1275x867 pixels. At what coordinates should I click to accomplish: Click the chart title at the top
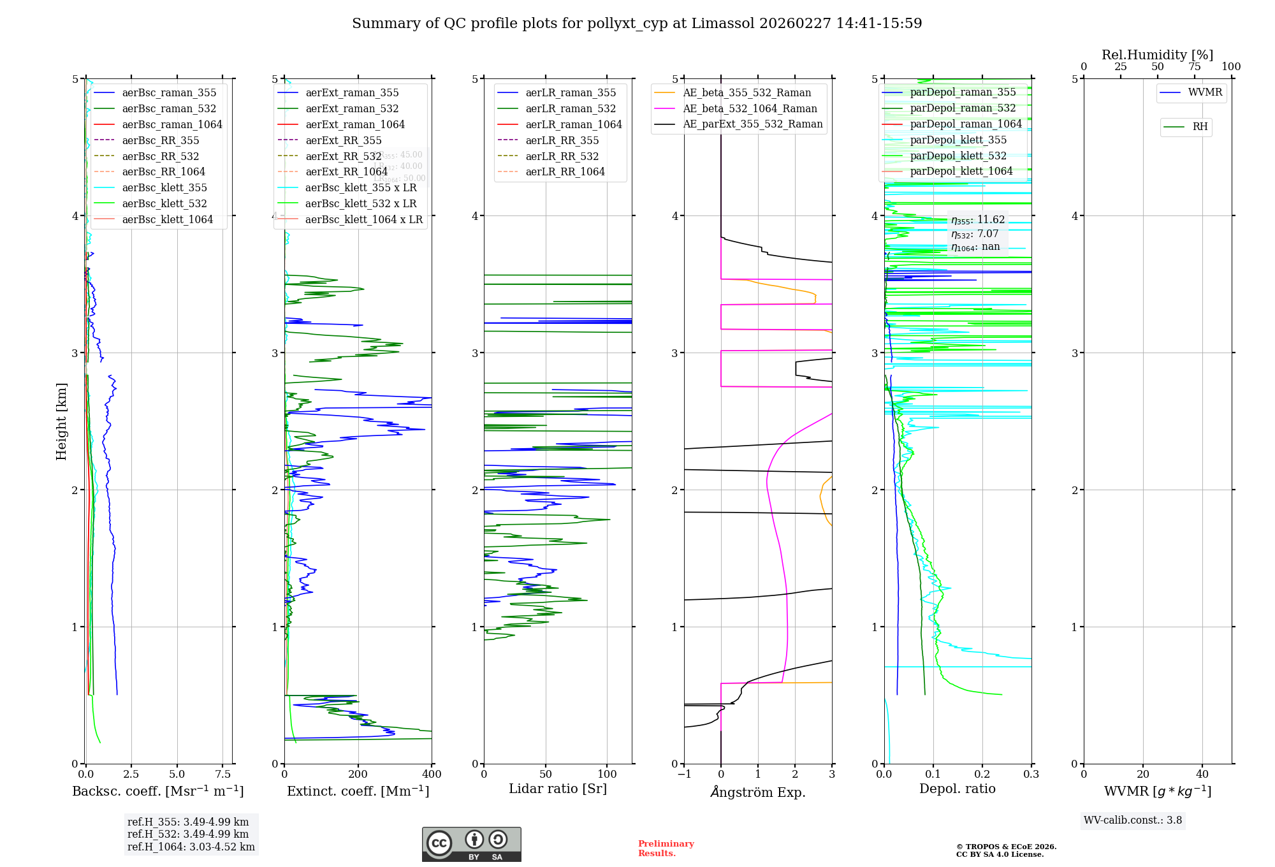pyautogui.click(x=637, y=24)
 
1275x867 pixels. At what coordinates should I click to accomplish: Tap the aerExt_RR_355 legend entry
pyautogui.click(x=344, y=140)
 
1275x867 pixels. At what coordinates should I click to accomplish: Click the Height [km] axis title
pyautogui.click(x=61, y=421)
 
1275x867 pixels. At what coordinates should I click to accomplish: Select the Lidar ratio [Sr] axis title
pyautogui.click(x=558, y=789)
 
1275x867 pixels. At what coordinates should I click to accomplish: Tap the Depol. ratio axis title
pyautogui.click(x=957, y=789)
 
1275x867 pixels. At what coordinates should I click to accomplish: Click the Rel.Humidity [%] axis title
pyautogui.click(x=1157, y=55)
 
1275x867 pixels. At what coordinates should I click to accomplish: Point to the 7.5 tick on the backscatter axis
pyautogui.click(x=222, y=774)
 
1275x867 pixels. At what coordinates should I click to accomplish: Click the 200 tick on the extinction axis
pyautogui.click(x=358, y=774)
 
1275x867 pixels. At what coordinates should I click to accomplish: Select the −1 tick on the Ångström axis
pyautogui.click(x=684, y=774)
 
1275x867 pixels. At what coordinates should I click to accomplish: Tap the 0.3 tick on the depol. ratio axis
pyautogui.click(x=1031, y=774)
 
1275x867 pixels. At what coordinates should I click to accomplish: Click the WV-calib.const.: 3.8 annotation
pyautogui.click(x=1133, y=820)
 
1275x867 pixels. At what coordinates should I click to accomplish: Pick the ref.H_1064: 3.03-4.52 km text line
pyautogui.click(x=191, y=847)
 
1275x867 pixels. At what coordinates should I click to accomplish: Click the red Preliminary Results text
pyautogui.click(x=666, y=849)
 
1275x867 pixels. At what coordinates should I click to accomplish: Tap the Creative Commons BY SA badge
pyautogui.click(x=471, y=845)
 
